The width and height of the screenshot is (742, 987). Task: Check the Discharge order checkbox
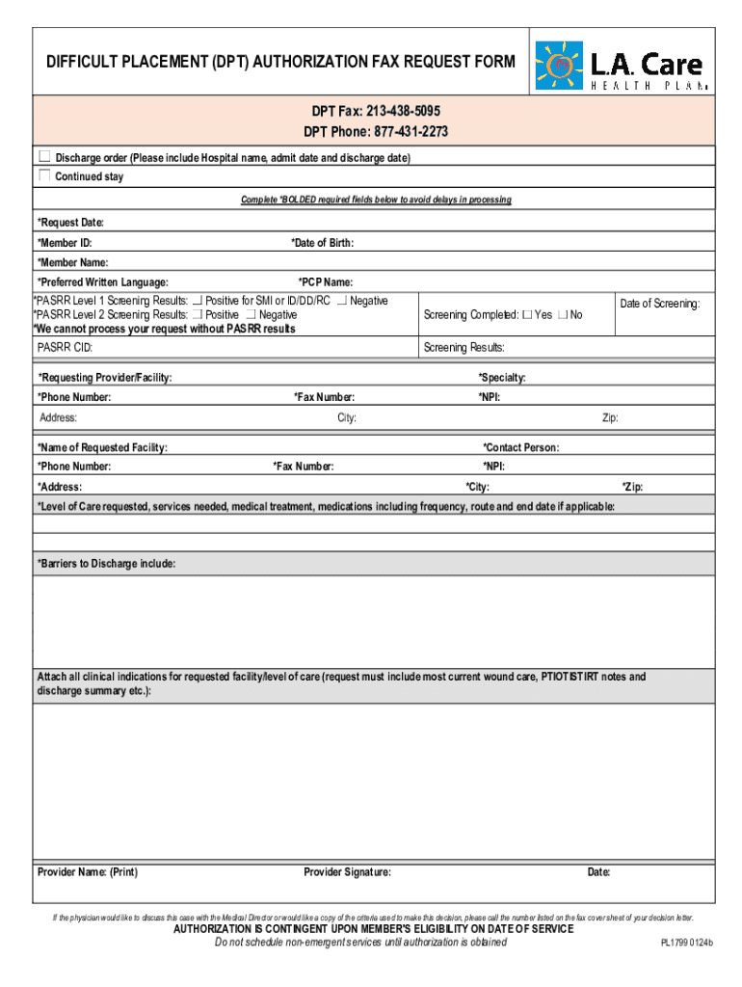(44, 156)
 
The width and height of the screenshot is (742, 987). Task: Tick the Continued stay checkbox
(44, 175)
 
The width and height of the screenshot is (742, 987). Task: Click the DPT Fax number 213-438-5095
(397, 112)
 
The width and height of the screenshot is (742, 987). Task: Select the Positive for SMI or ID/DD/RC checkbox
(198, 301)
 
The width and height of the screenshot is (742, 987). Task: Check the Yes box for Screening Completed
(526, 315)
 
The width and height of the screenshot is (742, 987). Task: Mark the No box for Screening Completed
(563, 315)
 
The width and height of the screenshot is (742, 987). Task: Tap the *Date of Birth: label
(323, 243)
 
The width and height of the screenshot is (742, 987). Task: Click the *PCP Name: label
(325, 282)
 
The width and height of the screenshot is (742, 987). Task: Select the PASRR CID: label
(66, 347)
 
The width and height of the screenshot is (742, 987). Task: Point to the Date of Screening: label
(660, 304)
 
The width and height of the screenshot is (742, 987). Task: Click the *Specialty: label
(502, 378)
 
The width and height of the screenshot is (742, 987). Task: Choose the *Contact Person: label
(520, 447)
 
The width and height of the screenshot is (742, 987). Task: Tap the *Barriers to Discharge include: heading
(106, 563)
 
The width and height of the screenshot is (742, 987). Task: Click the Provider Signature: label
(347, 872)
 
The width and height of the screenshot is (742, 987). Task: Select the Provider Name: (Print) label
(88, 872)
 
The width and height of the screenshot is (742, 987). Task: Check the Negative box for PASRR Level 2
(251, 315)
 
